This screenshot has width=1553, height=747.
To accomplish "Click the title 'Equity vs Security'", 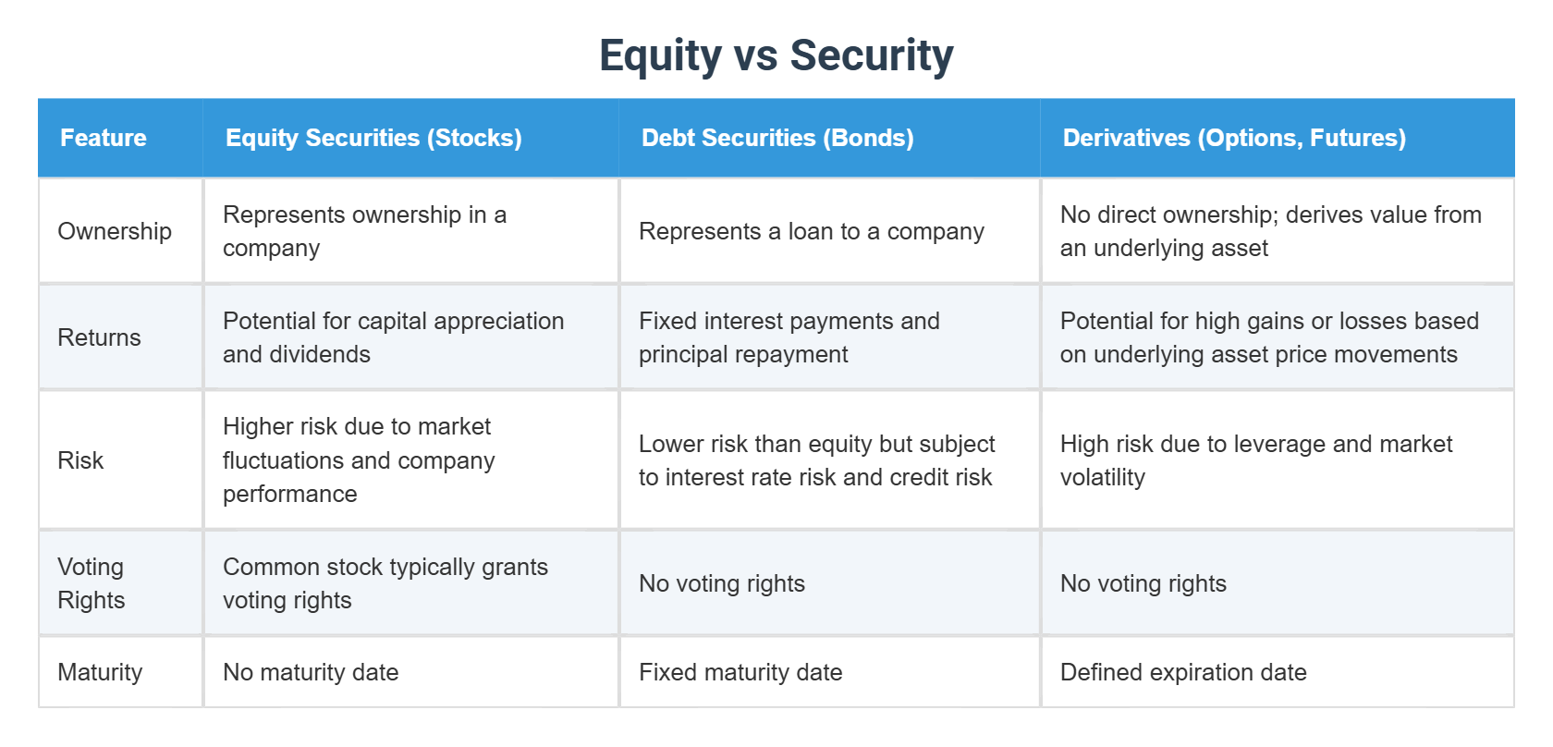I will [776, 55].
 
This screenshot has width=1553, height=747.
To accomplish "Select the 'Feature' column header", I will [104, 138].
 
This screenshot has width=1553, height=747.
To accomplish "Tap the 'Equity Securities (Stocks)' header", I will [373, 138].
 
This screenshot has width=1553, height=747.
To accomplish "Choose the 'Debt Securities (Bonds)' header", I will [777, 138].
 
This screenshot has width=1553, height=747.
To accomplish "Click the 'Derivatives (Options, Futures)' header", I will [1234, 138].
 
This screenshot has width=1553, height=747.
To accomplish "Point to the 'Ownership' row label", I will [115, 231].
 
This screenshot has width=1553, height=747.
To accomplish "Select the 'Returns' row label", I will [99, 337].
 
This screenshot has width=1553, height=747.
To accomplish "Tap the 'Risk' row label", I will [80, 460].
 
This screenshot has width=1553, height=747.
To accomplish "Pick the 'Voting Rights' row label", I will [91, 583].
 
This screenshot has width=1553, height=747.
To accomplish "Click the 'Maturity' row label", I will [100, 672].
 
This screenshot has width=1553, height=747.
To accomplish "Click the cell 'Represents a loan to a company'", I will [811, 231].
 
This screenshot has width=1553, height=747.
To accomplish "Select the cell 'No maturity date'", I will [311, 672].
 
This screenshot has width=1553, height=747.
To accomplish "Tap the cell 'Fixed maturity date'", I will [740, 672].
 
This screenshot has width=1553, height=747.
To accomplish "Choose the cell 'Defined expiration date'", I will [1183, 672].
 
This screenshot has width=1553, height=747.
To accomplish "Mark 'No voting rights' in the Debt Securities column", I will [722, 583].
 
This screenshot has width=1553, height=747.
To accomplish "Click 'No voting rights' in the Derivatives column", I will [1143, 583].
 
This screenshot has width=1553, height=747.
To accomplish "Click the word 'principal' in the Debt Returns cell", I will [681, 355].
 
